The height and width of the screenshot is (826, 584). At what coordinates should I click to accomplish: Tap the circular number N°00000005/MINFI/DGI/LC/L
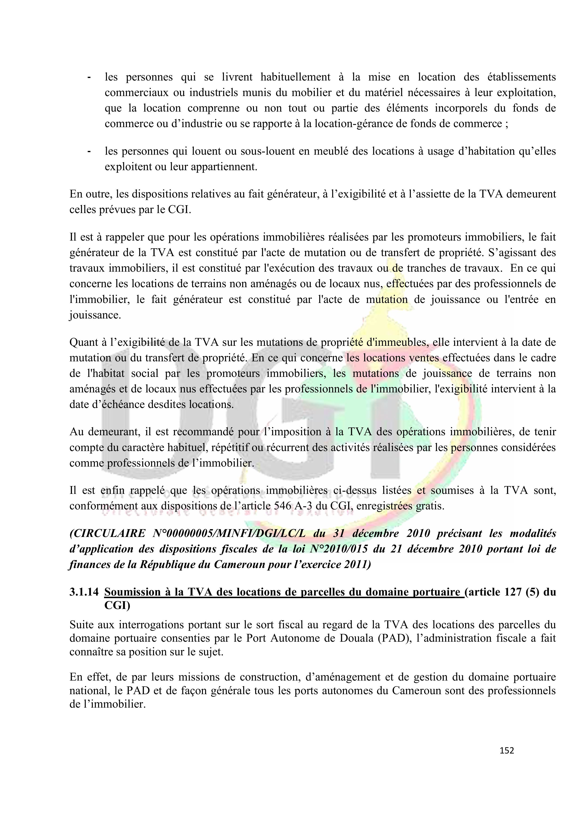point(229,533)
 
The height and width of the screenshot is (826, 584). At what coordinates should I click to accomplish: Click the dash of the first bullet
point(88,77)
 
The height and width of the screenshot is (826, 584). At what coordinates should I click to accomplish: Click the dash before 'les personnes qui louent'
point(88,151)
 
